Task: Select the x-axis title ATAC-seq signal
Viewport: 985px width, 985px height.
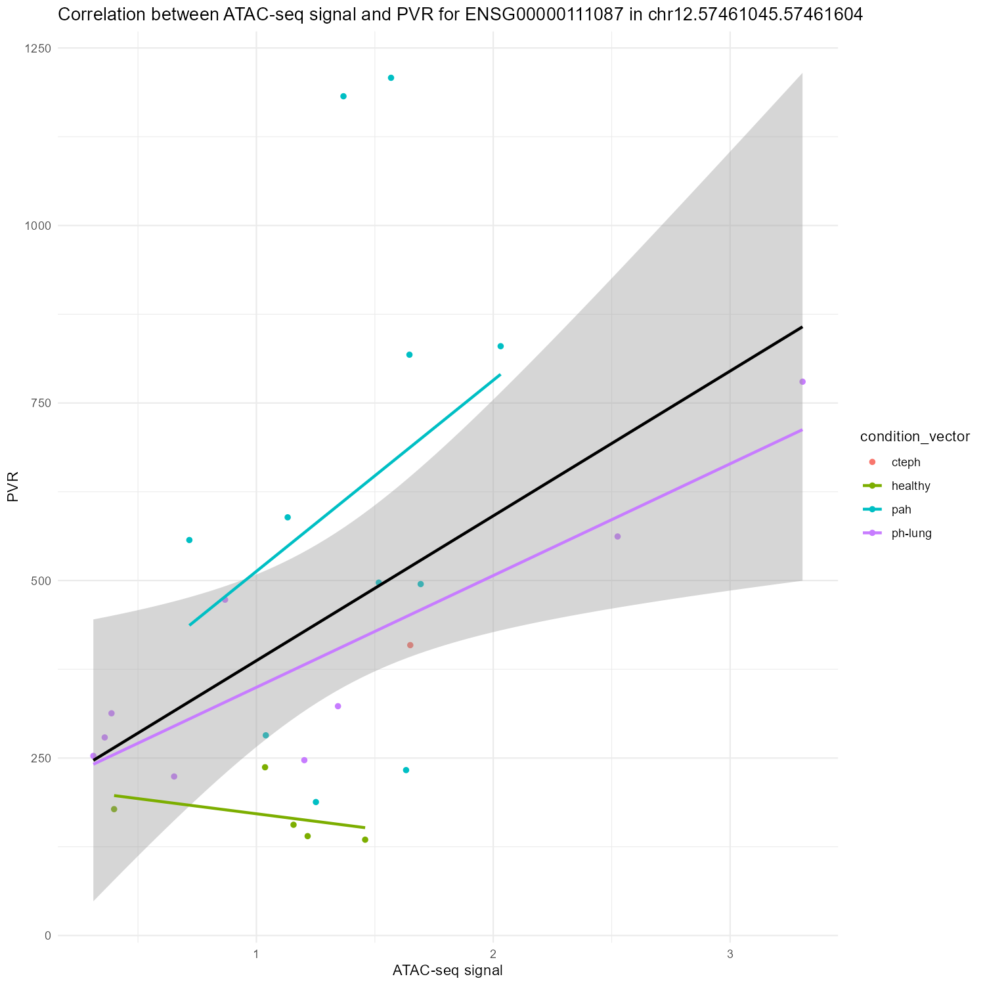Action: tap(447, 971)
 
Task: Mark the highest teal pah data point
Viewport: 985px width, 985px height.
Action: tap(391, 77)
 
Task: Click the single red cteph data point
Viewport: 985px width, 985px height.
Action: tap(410, 645)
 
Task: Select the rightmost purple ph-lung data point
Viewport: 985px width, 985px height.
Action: tap(802, 382)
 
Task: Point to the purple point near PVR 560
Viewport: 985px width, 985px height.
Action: tap(617, 536)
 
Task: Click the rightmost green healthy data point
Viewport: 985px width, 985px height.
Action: tap(365, 839)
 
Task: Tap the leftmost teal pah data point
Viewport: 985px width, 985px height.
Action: tap(189, 540)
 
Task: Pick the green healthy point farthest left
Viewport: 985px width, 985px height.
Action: tap(114, 809)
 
